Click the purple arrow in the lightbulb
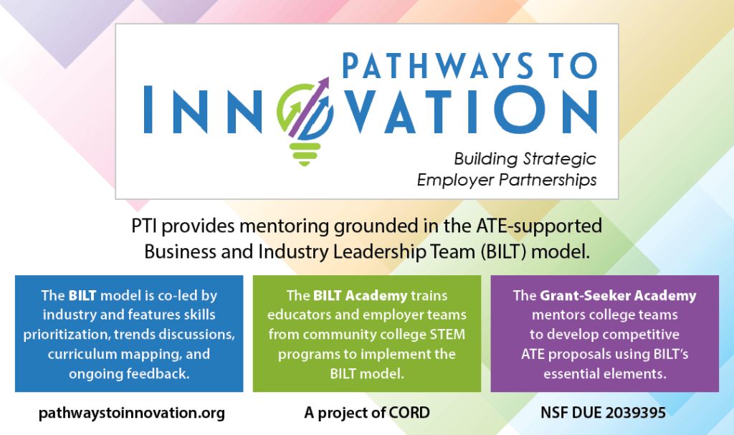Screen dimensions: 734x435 tap(309, 107)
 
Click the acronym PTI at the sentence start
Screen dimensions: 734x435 tap(143, 226)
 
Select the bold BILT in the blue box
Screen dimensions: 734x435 tap(82, 295)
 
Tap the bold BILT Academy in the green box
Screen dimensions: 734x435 tap(360, 296)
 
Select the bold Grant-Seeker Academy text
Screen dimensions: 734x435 tap(618, 295)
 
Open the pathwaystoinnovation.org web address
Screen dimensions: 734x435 tap(132, 413)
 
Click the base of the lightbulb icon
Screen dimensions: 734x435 tap(305, 155)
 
